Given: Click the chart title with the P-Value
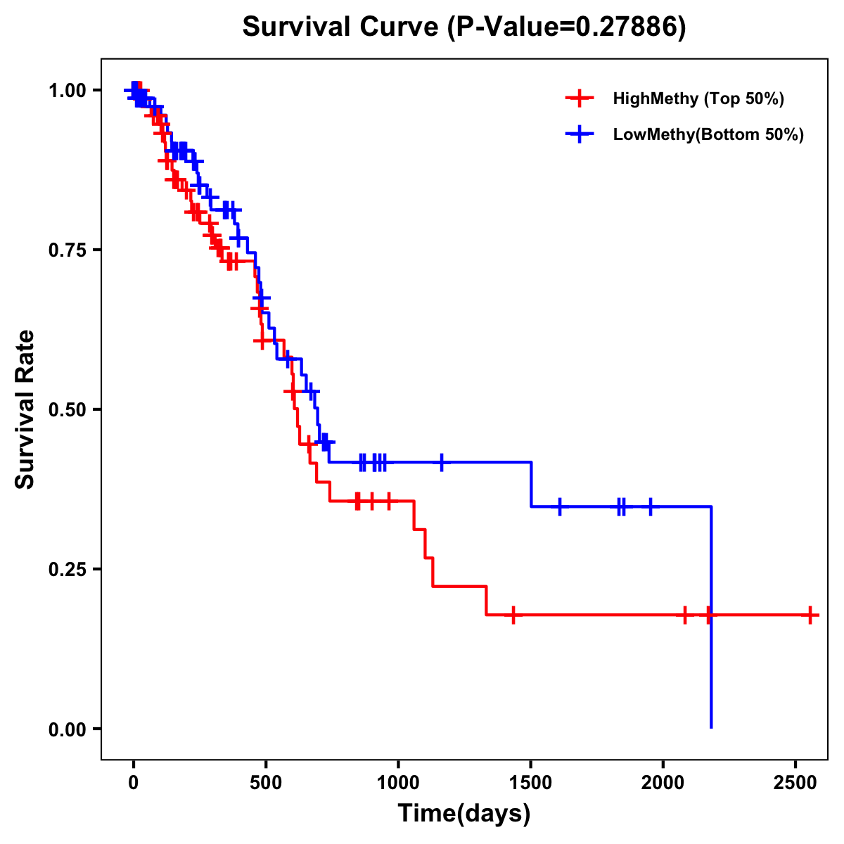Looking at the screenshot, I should tap(464, 27).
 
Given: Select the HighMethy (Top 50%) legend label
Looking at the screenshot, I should tap(698, 98).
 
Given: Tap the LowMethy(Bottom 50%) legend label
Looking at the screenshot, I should tap(708, 134).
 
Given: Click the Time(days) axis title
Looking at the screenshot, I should tap(464, 814).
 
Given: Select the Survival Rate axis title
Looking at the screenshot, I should tap(25, 409).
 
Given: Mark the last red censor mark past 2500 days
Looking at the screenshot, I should tap(810, 615).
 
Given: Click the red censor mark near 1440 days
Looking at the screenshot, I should tap(513, 615).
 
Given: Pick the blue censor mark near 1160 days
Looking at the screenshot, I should tap(442, 462).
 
